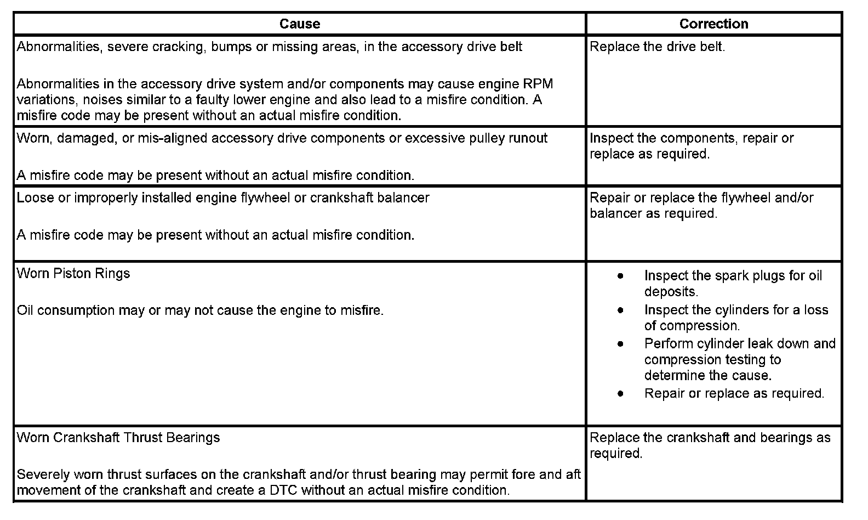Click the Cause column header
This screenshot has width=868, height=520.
click(x=299, y=24)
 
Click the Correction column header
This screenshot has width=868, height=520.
click(x=713, y=24)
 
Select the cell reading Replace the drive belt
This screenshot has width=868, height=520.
click(x=657, y=47)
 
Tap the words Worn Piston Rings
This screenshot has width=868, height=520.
click(x=73, y=273)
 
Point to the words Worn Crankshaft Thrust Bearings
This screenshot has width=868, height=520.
click(x=118, y=437)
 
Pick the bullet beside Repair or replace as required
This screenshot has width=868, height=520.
click(x=620, y=393)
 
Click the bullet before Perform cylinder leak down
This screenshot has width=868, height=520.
click(x=620, y=344)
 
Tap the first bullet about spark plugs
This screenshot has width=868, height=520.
click(x=620, y=276)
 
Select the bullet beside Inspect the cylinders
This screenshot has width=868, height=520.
click(x=620, y=310)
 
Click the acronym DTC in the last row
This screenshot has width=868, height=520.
click(x=283, y=490)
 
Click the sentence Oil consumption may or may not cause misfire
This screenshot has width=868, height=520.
click(x=200, y=310)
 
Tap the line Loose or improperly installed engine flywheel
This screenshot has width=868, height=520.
click(x=223, y=197)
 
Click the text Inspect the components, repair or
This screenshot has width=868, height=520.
click(x=692, y=138)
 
